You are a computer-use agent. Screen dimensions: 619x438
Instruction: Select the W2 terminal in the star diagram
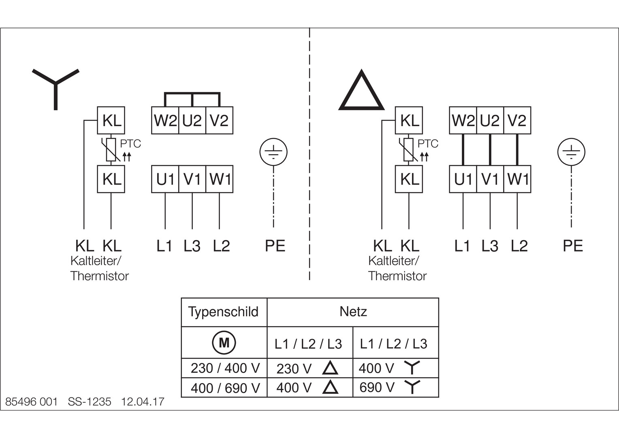[x=165, y=120]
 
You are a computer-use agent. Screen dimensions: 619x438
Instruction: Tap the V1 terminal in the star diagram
[x=192, y=179]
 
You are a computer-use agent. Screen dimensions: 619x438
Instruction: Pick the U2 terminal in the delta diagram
[x=490, y=120]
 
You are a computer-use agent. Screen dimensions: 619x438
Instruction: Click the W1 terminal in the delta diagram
[x=517, y=179]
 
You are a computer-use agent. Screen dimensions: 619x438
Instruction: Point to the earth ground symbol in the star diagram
[x=273, y=152]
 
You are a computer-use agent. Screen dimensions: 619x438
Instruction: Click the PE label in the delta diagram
[x=573, y=246]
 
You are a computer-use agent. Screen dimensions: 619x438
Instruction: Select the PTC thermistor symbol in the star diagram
[x=111, y=150]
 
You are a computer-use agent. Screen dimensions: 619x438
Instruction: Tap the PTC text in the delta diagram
[x=428, y=144]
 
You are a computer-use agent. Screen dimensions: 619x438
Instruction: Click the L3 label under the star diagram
[x=192, y=246]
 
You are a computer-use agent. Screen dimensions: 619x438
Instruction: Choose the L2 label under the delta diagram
[x=519, y=246]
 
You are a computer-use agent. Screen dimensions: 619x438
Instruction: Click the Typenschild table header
[x=223, y=311]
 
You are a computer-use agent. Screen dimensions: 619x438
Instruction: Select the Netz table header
[x=353, y=311]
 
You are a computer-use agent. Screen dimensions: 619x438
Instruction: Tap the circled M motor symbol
[x=224, y=343]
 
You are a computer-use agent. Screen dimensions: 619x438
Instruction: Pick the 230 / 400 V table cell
[x=225, y=368]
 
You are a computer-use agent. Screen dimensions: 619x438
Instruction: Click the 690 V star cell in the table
[x=390, y=387]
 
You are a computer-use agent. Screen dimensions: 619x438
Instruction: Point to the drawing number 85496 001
[x=31, y=402]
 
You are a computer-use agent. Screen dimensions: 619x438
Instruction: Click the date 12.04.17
[x=143, y=402]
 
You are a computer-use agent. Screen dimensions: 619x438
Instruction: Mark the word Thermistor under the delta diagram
[x=397, y=276]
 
